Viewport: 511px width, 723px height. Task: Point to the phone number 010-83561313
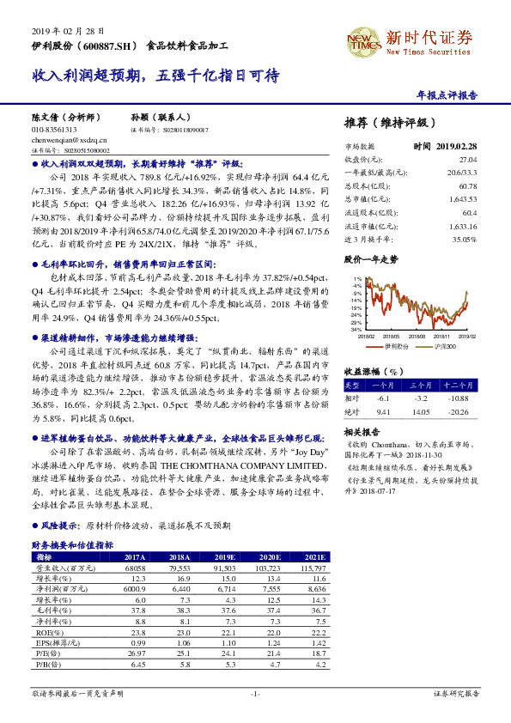(53, 129)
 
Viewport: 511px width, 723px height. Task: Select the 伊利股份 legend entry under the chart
(397, 345)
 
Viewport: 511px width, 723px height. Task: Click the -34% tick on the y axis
(356, 329)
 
